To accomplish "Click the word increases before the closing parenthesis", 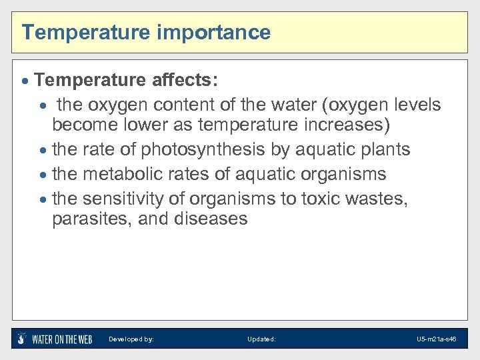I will (346, 125).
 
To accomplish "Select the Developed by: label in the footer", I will (131, 339).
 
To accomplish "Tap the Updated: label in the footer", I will (261, 339).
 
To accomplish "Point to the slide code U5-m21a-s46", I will (436, 339).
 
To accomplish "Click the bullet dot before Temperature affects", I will (25, 81).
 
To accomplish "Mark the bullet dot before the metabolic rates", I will (43, 175).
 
